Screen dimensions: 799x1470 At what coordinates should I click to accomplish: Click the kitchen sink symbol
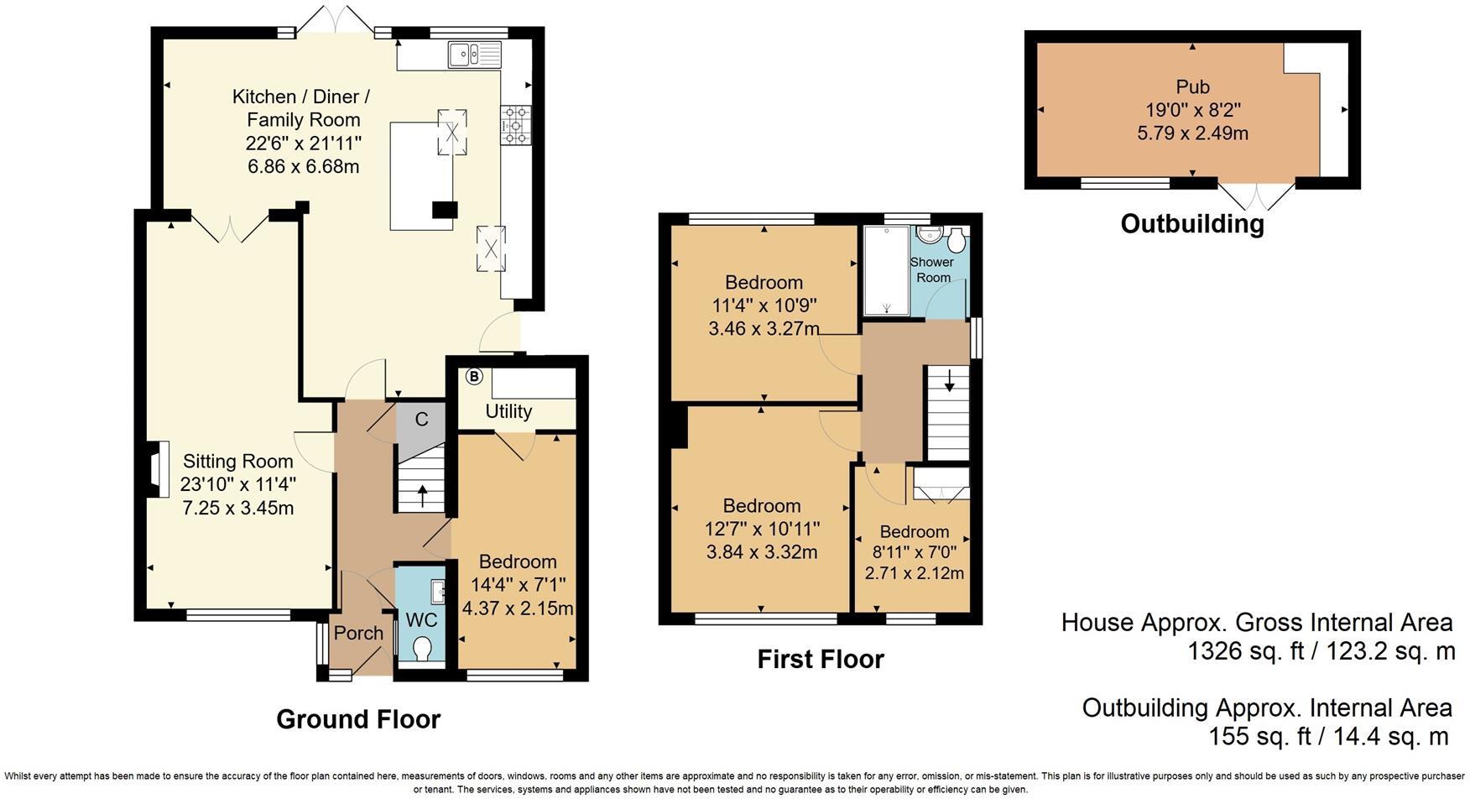click(474, 55)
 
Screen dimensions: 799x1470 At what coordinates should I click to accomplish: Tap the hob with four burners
click(513, 123)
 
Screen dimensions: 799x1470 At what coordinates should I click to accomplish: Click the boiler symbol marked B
click(474, 377)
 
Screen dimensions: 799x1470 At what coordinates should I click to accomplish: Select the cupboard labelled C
click(422, 419)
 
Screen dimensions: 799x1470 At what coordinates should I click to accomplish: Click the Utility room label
click(508, 411)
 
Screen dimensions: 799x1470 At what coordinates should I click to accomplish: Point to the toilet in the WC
click(423, 649)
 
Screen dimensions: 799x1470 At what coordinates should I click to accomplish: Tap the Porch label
click(358, 633)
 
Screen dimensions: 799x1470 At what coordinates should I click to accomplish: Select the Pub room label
click(1192, 86)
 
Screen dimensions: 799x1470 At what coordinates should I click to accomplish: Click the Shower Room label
click(932, 269)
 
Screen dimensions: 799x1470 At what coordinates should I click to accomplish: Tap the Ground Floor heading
click(358, 719)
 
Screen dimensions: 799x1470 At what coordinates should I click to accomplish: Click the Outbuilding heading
click(1191, 223)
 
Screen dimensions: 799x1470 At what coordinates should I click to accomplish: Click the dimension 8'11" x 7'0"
click(915, 553)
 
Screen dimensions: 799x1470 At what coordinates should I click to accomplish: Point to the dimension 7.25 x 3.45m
click(237, 508)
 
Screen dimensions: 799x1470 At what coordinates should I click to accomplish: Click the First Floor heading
click(821, 659)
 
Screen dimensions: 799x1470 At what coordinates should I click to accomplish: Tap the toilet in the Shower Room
click(957, 242)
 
